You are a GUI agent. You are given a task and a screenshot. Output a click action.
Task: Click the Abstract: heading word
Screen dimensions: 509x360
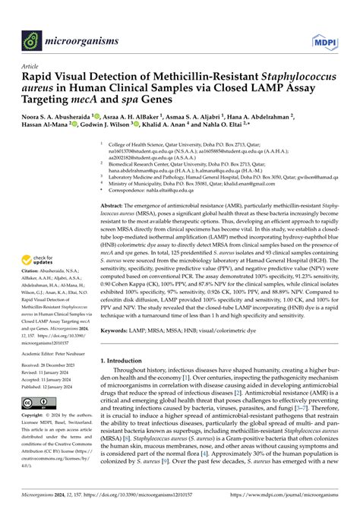tap(114, 206)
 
